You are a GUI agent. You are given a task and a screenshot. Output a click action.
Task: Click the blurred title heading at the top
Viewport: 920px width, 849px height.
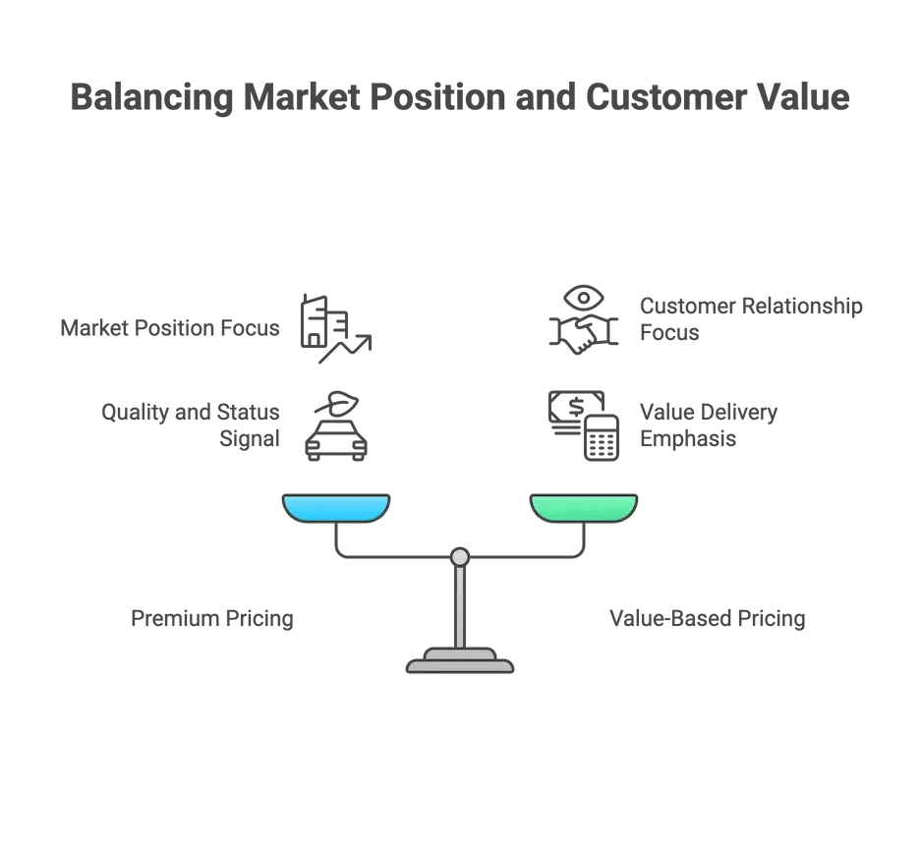(460, 99)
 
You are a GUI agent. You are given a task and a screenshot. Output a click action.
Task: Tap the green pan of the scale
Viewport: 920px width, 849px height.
(584, 507)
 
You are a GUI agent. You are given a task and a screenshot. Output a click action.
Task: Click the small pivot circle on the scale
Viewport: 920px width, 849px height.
(460, 557)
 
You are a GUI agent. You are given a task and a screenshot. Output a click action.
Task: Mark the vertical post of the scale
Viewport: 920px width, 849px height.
(460, 604)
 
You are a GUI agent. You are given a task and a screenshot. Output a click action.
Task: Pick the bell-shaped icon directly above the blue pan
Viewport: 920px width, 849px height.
(333, 424)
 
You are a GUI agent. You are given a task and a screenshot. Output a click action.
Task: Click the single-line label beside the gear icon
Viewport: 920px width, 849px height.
(167, 325)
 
